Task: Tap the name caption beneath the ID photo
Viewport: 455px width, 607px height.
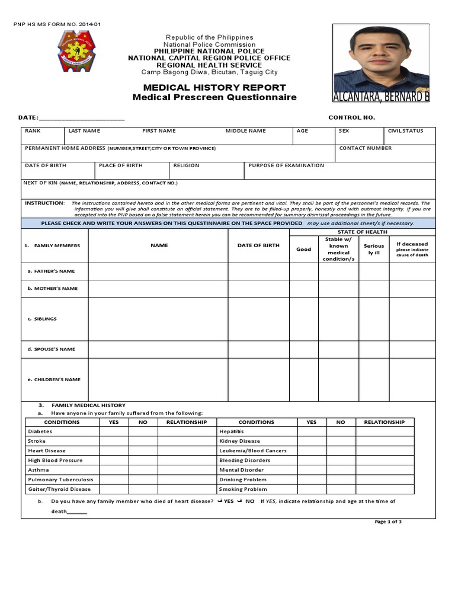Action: [381, 97]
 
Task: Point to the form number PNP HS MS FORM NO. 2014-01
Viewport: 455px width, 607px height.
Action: [57, 24]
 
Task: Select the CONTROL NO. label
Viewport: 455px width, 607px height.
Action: [351, 117]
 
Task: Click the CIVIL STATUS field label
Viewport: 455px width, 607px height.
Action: [405, 131]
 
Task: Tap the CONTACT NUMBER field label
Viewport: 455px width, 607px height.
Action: [365, 148]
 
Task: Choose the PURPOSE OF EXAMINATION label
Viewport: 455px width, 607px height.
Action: [286, 165]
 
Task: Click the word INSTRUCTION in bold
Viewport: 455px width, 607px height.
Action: [44, 203]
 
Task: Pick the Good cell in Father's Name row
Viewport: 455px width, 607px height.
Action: [303, 271]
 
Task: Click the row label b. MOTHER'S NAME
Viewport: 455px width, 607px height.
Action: [53, 289]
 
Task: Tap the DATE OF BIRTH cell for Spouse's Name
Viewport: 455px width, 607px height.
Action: [258, 349]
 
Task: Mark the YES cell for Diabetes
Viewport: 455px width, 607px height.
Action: [114, 432]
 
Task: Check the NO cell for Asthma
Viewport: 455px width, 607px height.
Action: [143, 470]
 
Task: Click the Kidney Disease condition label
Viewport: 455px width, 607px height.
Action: [239, 441]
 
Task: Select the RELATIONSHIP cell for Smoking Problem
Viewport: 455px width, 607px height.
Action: [384, 490]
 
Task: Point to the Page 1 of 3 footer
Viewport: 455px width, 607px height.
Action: [388, 522]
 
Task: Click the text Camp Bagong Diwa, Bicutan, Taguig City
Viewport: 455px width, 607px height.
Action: [209, 72]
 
